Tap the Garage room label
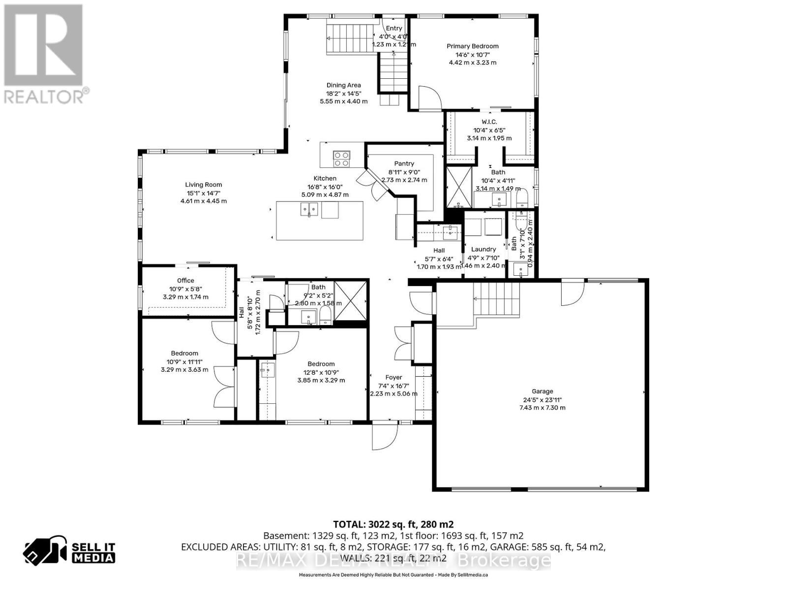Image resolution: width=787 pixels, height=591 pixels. click(542, 392)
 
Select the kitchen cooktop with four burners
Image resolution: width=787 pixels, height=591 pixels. click(341, 159)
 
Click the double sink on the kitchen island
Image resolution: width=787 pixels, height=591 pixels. click(309, 210)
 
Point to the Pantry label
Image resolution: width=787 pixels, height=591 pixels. click(404, 164)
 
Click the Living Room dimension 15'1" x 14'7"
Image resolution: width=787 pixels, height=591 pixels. click(204, 193)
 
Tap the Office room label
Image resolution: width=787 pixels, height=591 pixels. click(185, 281)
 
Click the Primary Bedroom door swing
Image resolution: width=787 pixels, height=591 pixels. click(428, 98)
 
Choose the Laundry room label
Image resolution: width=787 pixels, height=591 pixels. click(483, 249)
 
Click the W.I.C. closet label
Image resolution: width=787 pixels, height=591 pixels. click(489, 122)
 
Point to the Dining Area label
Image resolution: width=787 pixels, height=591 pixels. click(343, 85)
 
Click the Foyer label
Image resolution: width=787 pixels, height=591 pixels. click(393, 378)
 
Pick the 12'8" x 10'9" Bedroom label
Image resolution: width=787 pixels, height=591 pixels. click(321, 364)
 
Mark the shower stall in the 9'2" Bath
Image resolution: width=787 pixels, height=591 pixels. click(351, 300)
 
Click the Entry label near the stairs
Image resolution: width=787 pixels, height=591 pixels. click(393, 29)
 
